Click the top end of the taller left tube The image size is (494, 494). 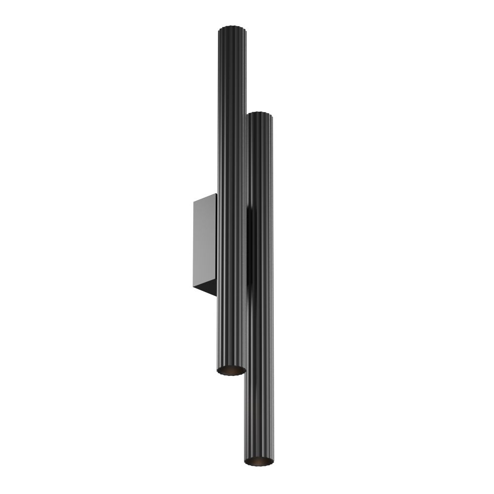[x=231, y=26]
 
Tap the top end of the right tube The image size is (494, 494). [x=260, y=114]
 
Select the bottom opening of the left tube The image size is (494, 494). [x=231, y=370]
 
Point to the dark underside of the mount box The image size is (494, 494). [x=206, y=288]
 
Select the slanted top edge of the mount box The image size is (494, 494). [x=206, y=198]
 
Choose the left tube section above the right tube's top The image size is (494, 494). [x=231, y=69]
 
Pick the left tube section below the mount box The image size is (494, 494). [x=231, y=331]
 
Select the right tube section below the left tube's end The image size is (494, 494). [x=259, y=415]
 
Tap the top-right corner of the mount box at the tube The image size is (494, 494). [x=216, y=194]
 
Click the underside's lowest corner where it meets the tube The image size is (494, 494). [x=216, y=296]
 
